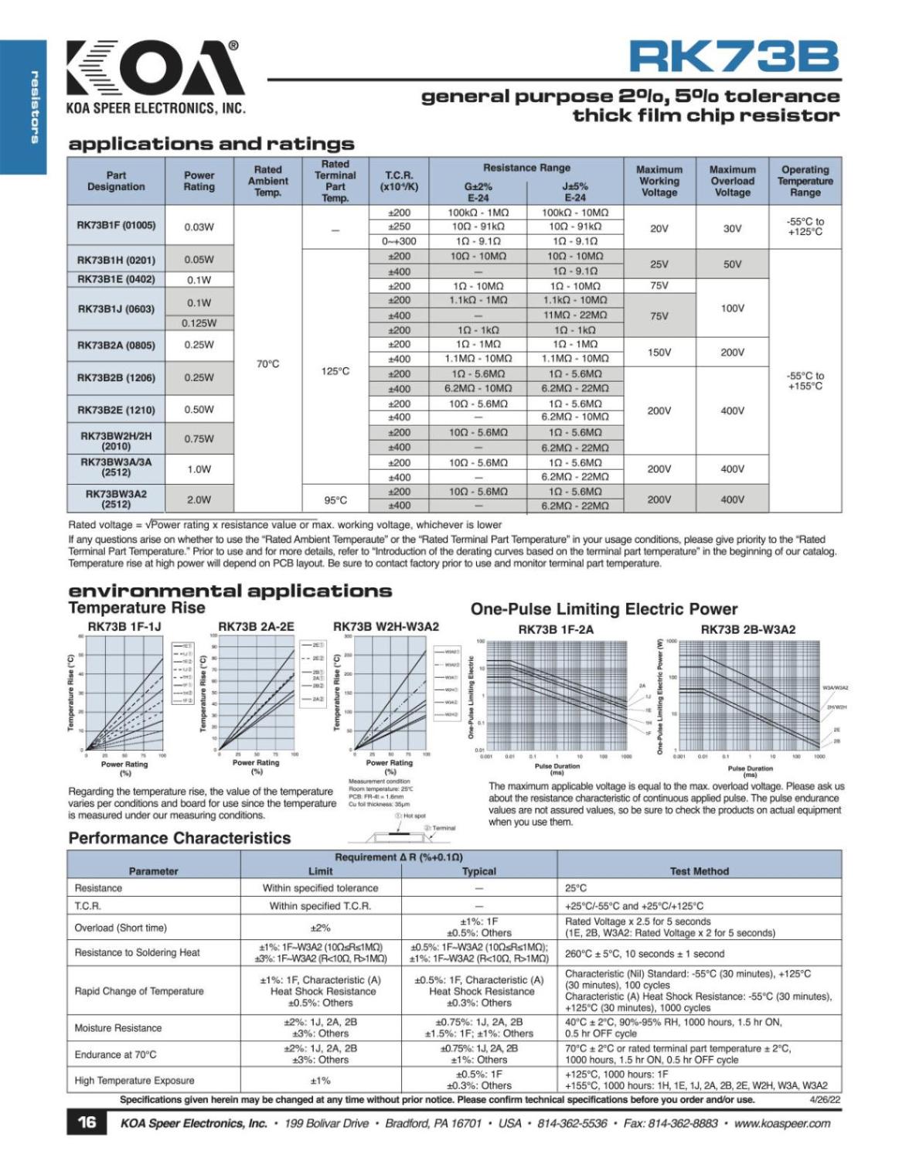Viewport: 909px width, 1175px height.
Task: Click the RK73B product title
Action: [x=733, y=56]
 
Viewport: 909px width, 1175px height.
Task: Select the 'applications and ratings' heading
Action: [x=211, y=144]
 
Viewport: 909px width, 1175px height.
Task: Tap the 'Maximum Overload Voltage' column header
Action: [x=732, y=181]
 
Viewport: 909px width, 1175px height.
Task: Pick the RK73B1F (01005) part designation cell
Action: [x=116, y=226]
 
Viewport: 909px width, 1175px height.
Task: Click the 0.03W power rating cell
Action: [x=199, y=226]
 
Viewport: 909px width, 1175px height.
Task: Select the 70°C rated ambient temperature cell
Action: [x=267, y=363]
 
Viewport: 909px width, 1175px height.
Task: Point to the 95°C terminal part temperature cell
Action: [x=335, y=499]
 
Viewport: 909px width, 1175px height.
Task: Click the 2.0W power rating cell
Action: [x=199, y=499]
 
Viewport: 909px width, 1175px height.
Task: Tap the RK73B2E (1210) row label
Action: [x=116, y=410]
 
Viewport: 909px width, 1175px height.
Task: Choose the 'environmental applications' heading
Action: [x=230, y=591]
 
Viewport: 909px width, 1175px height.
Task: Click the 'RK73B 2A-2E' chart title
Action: [x=256, y=627]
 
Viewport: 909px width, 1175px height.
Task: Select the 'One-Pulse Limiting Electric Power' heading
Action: [x=604, y=609]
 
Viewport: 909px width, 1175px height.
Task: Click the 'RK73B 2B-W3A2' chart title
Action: [x=747, y=629]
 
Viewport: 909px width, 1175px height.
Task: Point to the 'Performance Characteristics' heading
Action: [x=179, y=838]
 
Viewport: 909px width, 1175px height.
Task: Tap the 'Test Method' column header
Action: [x=699, y=871]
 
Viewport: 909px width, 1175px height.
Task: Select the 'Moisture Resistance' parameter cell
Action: [x=118, y=1028]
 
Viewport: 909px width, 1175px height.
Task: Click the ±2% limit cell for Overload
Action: [x=320, y=928]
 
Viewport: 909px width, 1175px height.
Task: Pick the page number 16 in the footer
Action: [x=87, y=1122]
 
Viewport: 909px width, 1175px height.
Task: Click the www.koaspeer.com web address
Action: [x=782, y=1123]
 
